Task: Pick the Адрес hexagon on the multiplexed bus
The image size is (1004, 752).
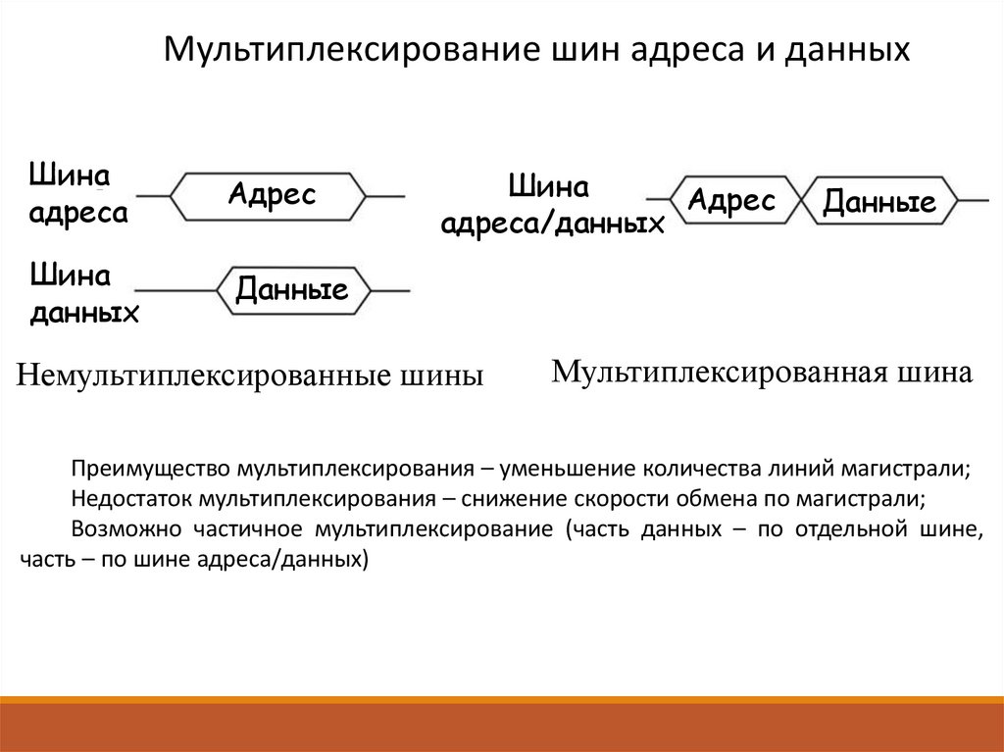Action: [x=731, y=202]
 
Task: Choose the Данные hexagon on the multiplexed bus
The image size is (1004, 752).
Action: [x=878, y=202]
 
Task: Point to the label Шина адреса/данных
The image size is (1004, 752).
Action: [x=551, y=206]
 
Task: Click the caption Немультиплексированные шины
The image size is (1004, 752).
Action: [x=249, y=376]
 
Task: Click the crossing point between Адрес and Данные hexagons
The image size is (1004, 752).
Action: [x=803, y=200]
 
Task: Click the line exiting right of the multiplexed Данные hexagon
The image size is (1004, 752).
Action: [x=973, y=200]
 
